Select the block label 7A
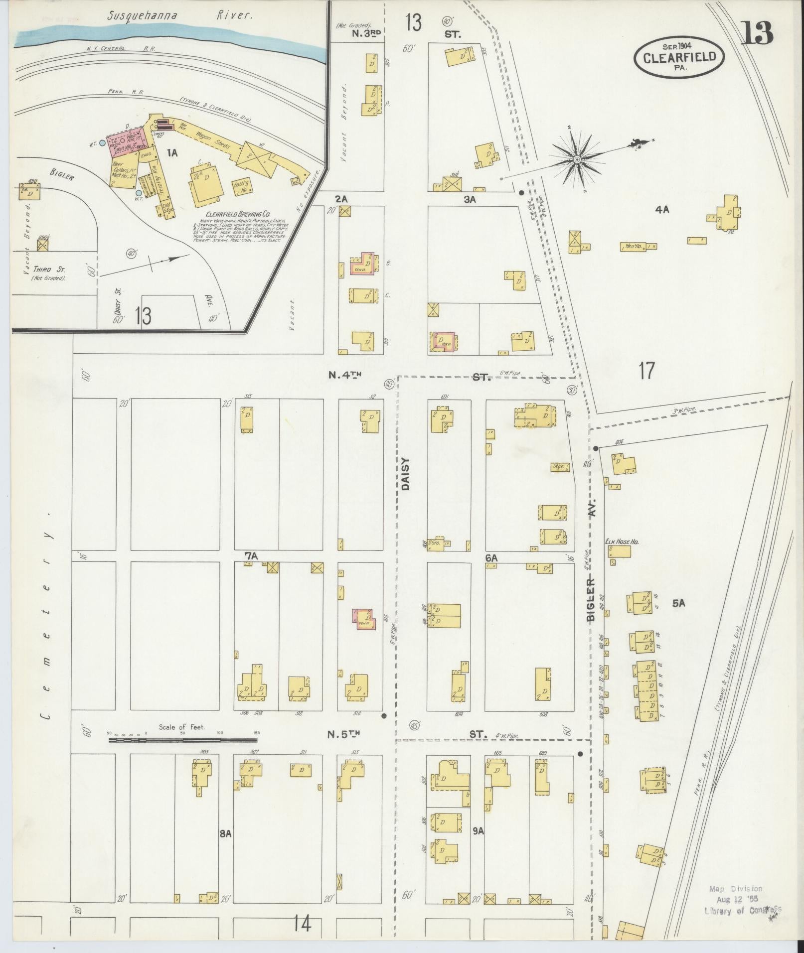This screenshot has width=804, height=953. pyautogui.click(x=250, y=554)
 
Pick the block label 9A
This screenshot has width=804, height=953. pyautogui.click(x=479, y=830)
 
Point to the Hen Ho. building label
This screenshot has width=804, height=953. pyautogui.click(x=630, y=246)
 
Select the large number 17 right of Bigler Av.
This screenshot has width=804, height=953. pyautogui.click(x=646, y=371)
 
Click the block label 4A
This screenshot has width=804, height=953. pyautogui.click(x=662, y=210)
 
